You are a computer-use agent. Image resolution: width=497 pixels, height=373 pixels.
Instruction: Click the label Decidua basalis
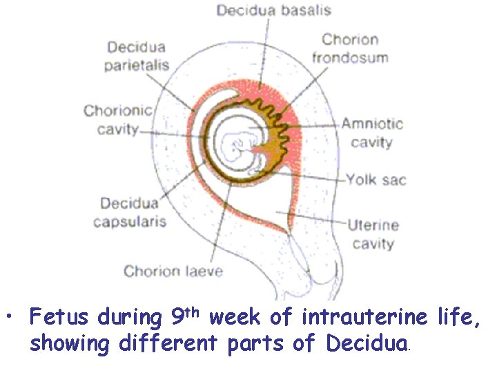coord(274,10)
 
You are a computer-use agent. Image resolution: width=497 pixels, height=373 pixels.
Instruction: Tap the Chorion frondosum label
coord(351,48)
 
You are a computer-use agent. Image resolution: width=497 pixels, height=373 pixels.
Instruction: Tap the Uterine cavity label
coord(373,233)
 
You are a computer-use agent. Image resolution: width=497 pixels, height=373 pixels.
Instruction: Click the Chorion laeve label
coord(173,270)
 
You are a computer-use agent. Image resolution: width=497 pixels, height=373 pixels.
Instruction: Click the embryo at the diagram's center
coord(238,146)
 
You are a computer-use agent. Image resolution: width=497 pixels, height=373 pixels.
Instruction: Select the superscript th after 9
coord(194,312)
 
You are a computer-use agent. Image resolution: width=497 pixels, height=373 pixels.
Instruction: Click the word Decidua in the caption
coord(368,343)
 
